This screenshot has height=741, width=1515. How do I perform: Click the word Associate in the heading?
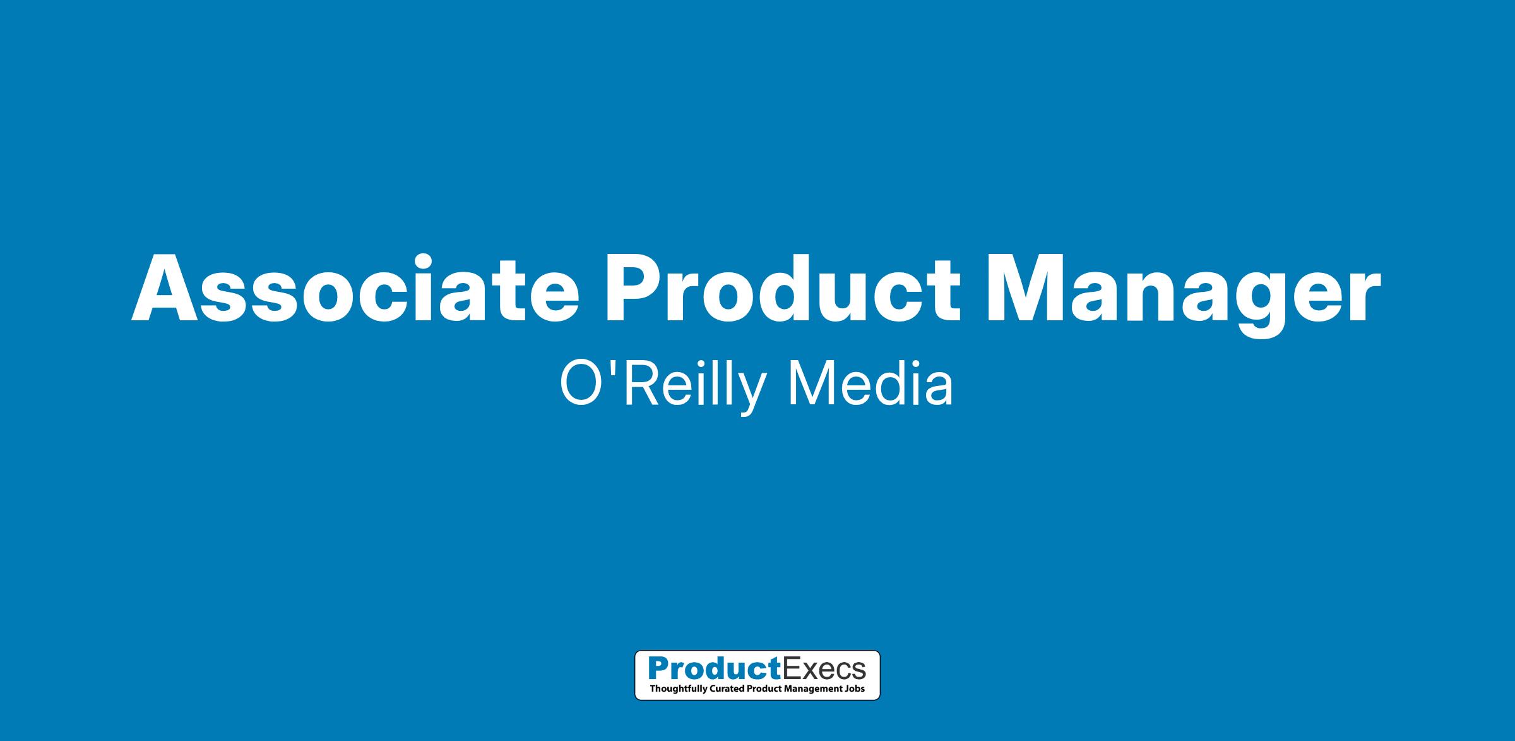pyautogui.click(x=355, y=288)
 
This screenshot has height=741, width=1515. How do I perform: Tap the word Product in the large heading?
pyautogui.click(x=783, y=288)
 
